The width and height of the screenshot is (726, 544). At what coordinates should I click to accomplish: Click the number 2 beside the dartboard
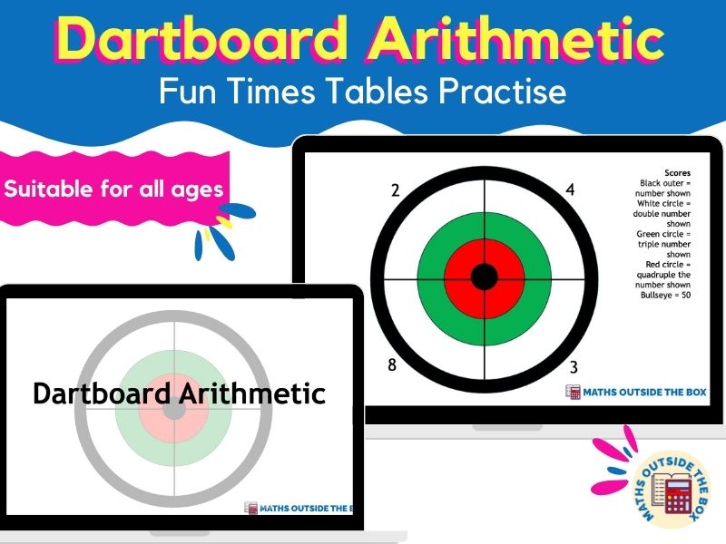(395, 190)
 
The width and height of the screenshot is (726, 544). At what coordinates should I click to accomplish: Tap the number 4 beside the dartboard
(570, 189)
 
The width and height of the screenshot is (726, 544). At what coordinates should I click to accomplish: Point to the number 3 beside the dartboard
(574, 366)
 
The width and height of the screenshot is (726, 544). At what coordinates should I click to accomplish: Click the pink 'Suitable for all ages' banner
(114, 190)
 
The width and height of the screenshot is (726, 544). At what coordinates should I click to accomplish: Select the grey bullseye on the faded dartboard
(174, 410)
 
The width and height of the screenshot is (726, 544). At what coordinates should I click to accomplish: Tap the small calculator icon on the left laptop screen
(251, 509)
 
